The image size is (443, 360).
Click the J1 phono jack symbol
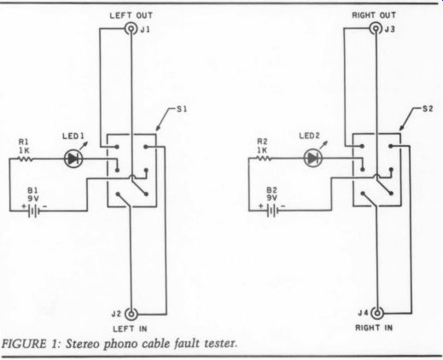point(131,29)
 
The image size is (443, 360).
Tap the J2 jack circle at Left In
point(131,314)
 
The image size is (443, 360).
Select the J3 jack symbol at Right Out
point(376,28)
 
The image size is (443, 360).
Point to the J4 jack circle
point(377,313)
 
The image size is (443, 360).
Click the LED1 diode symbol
point(73,159)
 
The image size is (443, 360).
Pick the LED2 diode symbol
point(313,158)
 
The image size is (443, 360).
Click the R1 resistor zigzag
point(26,159)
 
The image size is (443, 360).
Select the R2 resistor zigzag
point(264,158)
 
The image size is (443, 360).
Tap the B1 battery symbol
point(33,212)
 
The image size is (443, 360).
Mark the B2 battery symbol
point(272,211)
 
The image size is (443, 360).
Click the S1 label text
point(182,109)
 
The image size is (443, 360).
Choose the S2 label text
point(428,108)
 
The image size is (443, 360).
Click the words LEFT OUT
point(131,15)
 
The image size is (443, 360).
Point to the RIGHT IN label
point(374,328)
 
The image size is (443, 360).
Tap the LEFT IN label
point(130,329)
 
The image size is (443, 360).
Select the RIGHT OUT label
point(374,15)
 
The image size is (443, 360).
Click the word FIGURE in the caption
point(24,344)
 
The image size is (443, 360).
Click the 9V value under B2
point(271,197)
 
